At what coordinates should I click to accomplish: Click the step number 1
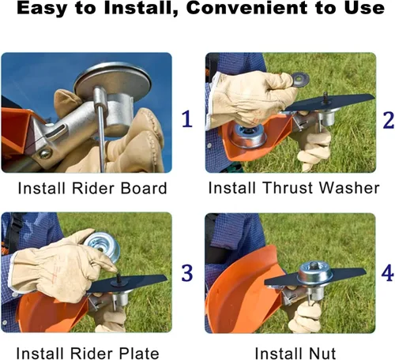coord(187,119)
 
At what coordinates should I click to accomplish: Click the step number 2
coord(388,120)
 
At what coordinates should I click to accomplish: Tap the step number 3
coord(187,273)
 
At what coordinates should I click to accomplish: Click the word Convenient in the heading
coord(247,8)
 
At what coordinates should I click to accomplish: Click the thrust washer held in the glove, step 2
coord(300,80)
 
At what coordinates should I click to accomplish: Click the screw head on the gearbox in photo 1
coord(45,154)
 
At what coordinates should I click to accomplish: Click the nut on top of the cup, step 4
coord(314,265)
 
